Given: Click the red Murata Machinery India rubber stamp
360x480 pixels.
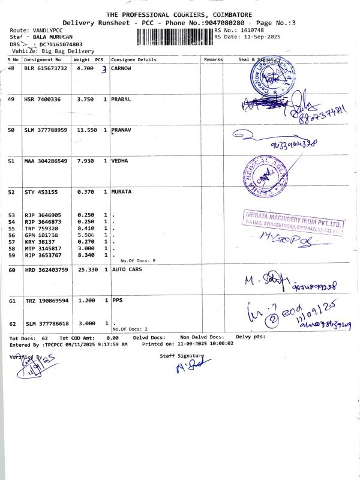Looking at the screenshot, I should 294,223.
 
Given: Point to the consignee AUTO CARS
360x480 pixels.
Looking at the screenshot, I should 128,270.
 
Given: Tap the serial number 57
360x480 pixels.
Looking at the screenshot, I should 11,242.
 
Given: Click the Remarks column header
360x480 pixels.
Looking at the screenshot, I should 213,60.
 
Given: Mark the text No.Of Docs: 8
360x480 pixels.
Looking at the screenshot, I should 138,260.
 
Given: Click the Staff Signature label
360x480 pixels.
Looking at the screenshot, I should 182,356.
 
